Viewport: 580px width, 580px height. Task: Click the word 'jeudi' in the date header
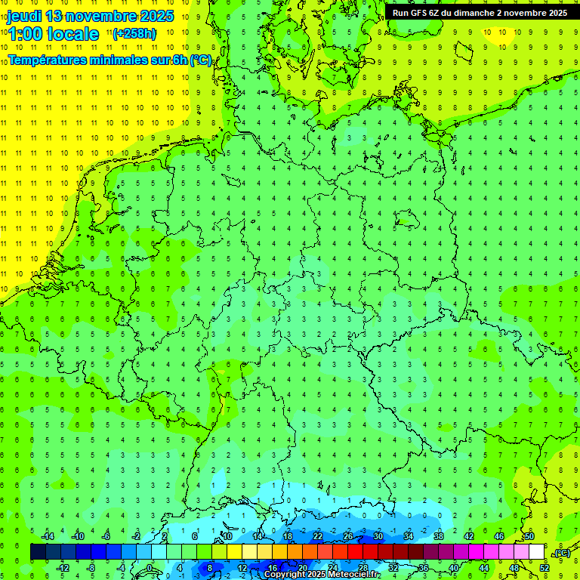coord(23,16)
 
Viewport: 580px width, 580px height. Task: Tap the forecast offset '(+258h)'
coord(134,33)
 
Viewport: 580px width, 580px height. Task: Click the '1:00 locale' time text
coord(54,34)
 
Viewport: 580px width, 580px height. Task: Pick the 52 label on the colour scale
coord(545,567)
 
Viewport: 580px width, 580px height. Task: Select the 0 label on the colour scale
coord(150,567)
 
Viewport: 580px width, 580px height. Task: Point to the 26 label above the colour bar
coord(347,536)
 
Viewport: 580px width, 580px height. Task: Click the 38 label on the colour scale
coord(438,536)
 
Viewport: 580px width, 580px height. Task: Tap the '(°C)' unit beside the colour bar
coord(562,553)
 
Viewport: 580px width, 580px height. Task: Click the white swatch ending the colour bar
coord(536,552)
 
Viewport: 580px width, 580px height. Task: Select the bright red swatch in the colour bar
coord(355,552)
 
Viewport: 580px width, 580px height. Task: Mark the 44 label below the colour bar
coord(484,567)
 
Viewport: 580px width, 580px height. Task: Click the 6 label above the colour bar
coord(195,536)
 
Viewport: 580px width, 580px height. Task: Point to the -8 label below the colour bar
coord(91,567)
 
